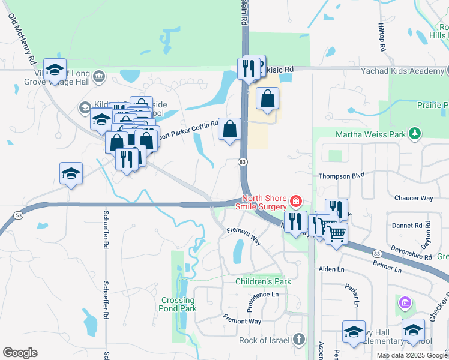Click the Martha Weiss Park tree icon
[414, 133]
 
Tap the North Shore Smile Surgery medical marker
[295, 200]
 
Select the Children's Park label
[263, 281]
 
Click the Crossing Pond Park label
[178, 304]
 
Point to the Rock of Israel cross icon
[298, 340]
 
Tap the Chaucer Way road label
[414, 198]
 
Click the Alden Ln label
[330, 269]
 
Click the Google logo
[19, 353]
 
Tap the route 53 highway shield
[19, 215]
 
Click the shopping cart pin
[336, 233]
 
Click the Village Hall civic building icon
[99, 77]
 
